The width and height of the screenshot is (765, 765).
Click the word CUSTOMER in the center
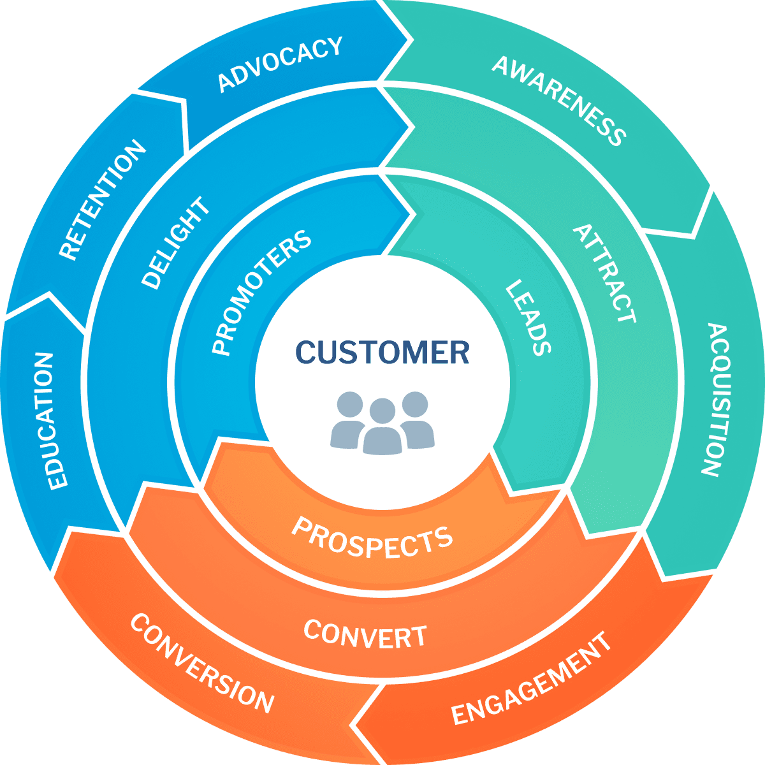(x=382, y=353)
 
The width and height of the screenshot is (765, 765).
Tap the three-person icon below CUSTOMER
(x=382, y=423)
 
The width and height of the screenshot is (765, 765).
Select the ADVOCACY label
(x=280, y=64)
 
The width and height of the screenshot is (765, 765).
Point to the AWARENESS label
(x=559, y=101)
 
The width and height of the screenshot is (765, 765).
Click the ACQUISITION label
(x=713, y=400)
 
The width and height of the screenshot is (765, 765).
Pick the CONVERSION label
(x=202, y=663)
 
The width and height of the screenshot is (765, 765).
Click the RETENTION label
(x=102, y=200)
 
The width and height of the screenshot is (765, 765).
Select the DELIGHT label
(x=176, y=243)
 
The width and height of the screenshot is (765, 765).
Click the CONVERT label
(x=365, y=634)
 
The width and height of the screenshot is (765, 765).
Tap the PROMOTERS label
(x=261, y=292)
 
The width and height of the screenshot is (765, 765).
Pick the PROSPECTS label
(x=372, y=537)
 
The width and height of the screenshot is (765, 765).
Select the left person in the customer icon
(x=348, y=421)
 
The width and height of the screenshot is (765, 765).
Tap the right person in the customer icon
(x=417, y=421)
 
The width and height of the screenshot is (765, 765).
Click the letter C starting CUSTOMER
(x=307, y=353)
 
